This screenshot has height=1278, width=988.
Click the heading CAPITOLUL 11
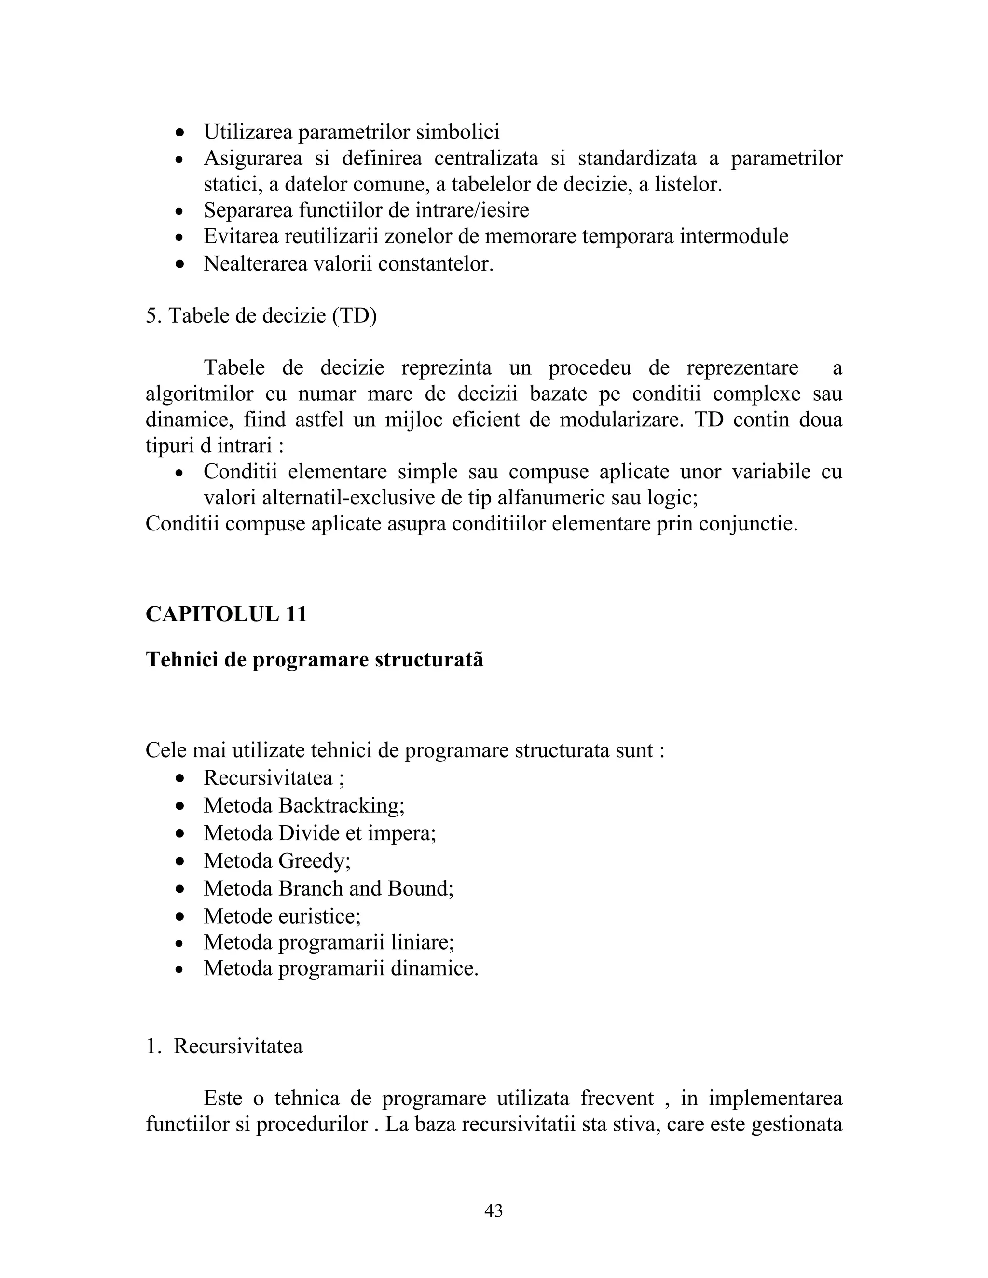227,614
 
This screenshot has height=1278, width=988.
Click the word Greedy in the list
314,861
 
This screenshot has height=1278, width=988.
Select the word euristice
319,916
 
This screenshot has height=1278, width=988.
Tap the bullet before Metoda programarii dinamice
180,970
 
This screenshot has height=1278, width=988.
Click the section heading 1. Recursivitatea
225,1047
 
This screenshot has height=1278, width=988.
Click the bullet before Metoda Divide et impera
180,834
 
